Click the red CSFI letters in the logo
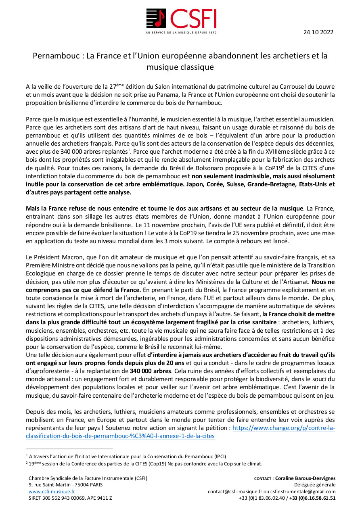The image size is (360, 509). coord(193,19)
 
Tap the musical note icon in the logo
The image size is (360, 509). coord(157,19)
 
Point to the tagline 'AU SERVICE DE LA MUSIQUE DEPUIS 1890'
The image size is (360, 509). coord(181,32)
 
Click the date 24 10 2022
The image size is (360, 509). coord(318,32)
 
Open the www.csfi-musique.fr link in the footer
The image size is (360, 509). coord(52,492)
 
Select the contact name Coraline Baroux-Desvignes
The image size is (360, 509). coord(305,478)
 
